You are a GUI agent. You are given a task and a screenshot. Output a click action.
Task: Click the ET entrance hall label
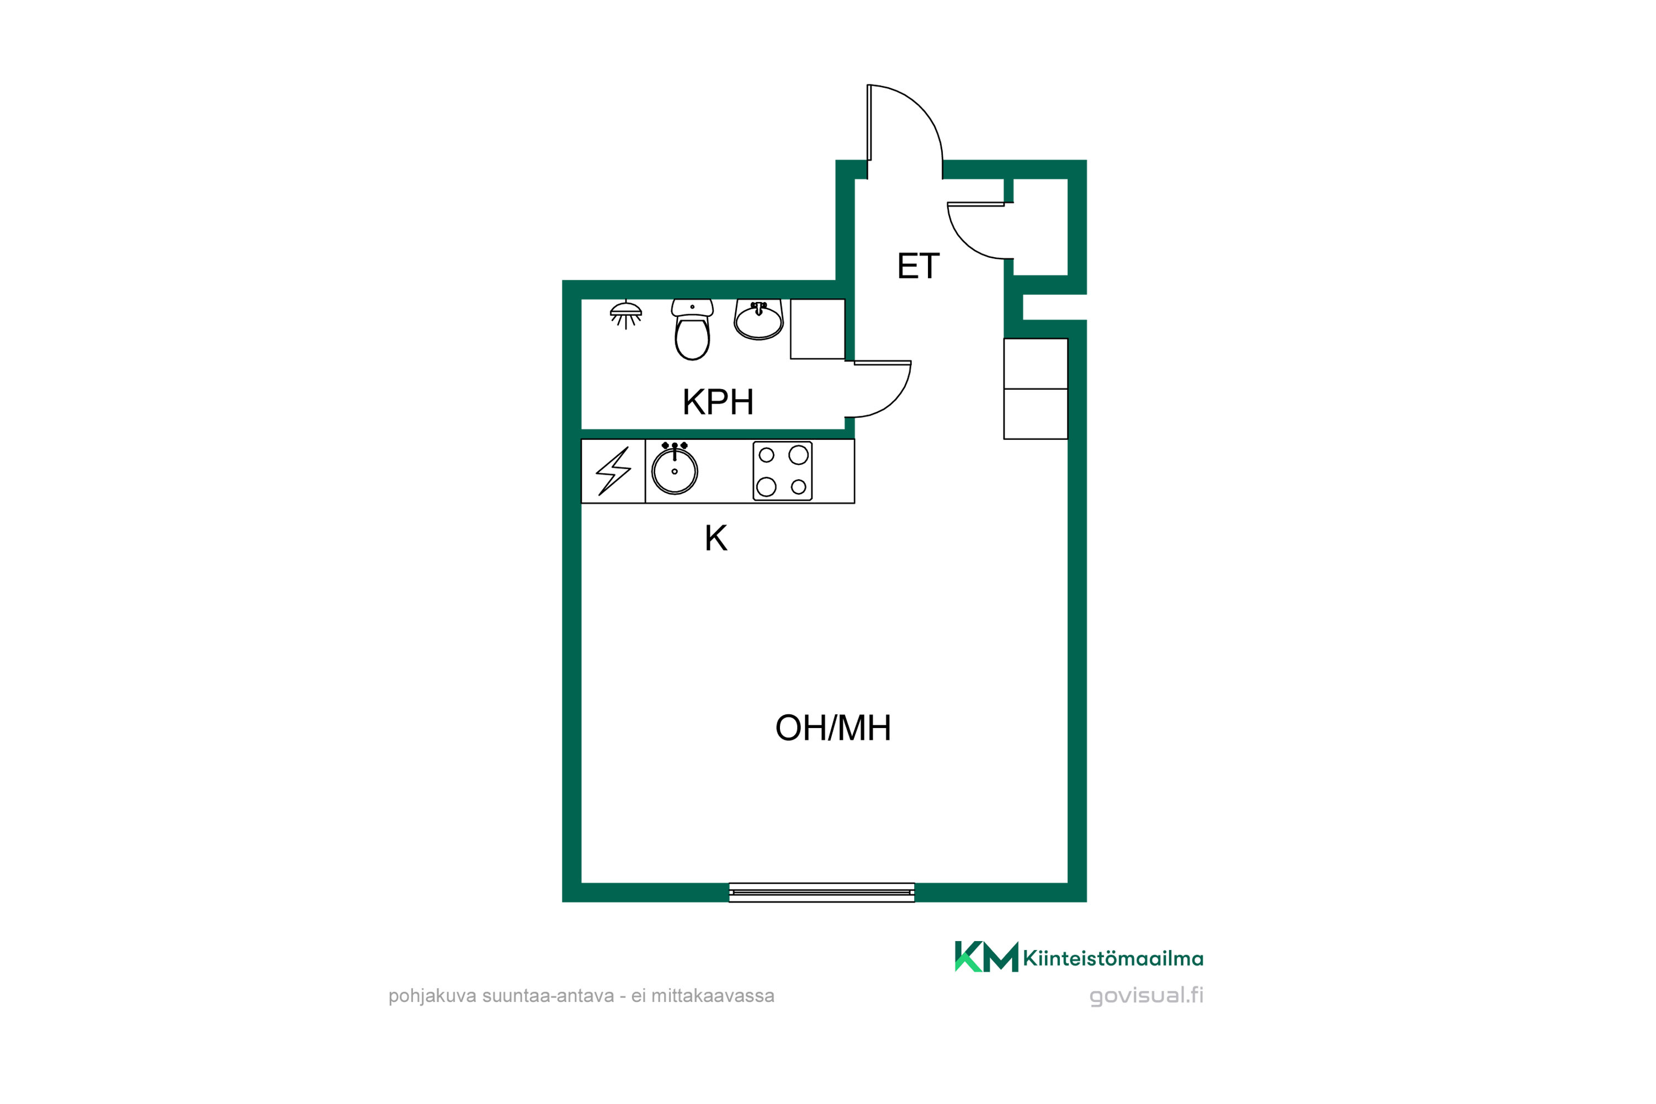pos(918,266)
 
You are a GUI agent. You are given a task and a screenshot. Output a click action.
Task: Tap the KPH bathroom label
pos(718,402)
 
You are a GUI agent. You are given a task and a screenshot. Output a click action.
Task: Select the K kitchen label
pos(715,539)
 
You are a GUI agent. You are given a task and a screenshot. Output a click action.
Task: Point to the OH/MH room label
pos(833,728)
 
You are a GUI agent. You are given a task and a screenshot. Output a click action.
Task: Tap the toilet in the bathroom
pos(692,330)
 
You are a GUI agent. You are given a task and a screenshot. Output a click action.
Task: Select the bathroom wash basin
pos(758,320)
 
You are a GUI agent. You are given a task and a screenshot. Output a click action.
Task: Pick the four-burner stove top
pos(782,471)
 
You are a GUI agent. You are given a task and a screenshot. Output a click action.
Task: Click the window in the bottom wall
pos(822,892)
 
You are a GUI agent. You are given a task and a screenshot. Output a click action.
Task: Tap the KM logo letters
pos(986,956)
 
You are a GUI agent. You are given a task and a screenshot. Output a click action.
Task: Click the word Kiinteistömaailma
pos(1113,958)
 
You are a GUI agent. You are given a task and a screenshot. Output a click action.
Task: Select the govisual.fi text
pos(1147,996)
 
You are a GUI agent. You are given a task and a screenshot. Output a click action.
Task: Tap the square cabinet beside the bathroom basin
pos(818,329)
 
